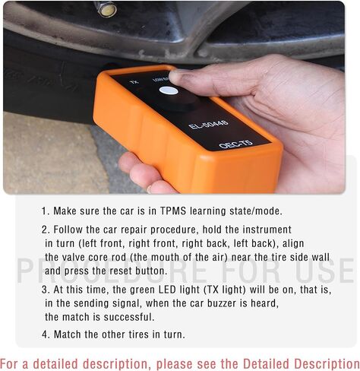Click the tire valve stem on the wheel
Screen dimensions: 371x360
pyautogui.click(x=106, y=9)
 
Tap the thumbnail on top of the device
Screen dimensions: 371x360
pyautogui.click(x=181, y=76)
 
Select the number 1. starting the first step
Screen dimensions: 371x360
pyautogui.click(x=46, y=211)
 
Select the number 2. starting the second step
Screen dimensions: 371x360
pyautogui.click(x=46, y=229)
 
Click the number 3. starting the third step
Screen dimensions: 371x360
pyautogui.click(x=46, y=290)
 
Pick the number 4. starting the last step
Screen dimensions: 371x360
pyautogui.click(x=46, y=334)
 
